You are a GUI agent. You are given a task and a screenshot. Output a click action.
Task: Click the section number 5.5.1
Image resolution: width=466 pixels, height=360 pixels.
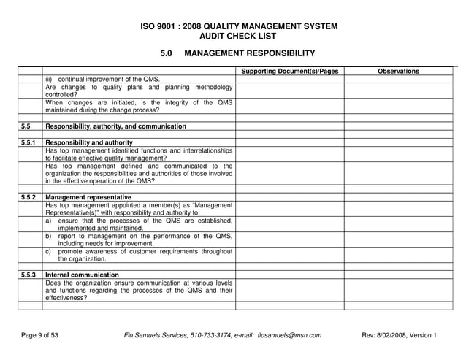[x=29, y=142]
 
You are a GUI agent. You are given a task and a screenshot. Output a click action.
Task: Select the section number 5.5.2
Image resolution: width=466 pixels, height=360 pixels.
[x=29, y=197]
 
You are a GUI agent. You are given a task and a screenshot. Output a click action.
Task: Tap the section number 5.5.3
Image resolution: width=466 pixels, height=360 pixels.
[x=29, y=275]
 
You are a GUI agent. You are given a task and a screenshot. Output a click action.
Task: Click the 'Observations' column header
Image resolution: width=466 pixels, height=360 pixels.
[x=398, y=71]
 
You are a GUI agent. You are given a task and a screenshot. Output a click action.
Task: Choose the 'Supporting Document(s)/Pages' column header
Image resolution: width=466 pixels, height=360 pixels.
[x=289, y=71]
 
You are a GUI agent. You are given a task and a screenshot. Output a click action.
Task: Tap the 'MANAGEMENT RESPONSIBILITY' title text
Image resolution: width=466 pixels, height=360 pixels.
[x=249, y=53]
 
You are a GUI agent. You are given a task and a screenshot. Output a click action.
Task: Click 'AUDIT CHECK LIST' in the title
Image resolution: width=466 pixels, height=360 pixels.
[x=238, y=36]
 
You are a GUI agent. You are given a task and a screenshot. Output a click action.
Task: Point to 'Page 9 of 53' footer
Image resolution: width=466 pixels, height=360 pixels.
[x=39, y=335]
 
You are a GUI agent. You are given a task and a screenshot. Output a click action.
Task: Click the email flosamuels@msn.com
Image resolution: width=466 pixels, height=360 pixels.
[x=289, y=335]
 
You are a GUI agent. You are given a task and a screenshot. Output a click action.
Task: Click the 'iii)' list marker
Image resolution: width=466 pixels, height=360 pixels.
[x=50, y=79]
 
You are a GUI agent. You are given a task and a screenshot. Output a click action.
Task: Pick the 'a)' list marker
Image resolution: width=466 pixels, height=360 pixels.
[x=48, y=221]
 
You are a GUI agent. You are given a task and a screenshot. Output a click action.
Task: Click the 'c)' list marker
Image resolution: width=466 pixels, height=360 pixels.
[x=48, y=251]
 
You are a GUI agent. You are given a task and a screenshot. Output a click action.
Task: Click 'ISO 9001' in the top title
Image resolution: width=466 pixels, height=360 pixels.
[x=158, y=26]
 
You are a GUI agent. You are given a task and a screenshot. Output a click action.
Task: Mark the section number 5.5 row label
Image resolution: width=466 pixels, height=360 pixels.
[x=26, y=126]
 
